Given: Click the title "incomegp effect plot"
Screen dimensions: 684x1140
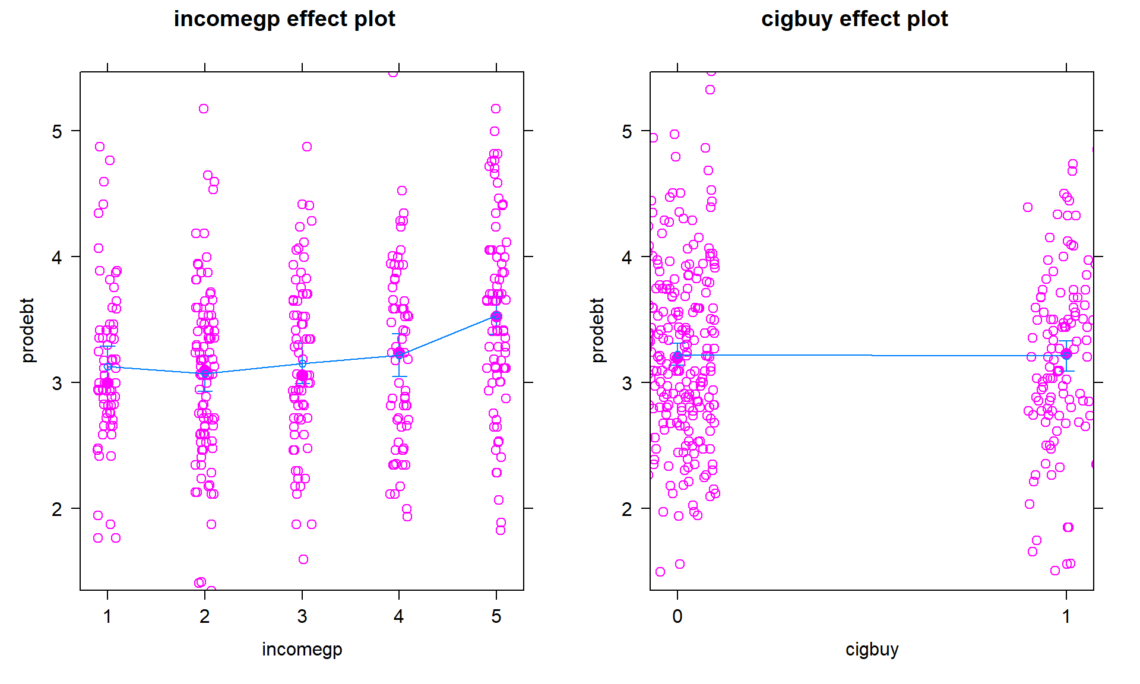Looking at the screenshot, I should click(x=284, y=19).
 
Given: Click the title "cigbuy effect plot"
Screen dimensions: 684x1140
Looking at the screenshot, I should click(x=854, y=19).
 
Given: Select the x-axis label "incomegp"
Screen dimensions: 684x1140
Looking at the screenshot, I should click(x=302, y=649).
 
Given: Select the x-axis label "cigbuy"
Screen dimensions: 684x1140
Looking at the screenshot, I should click(x=872, y=649).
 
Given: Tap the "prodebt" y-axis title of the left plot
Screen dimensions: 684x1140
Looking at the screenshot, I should click(x=27, y=331).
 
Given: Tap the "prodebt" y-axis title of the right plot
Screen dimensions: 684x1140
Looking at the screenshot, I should click(x=597, y=331).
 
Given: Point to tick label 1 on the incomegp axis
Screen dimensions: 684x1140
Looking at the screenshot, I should click(x=107, y=617).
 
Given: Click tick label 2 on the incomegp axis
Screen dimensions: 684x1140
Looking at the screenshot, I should click(x=205, y=617).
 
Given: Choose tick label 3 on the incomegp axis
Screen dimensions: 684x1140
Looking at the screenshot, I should click(x=302, y=617).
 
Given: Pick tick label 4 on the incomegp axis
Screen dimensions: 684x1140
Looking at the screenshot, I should click(x=399, y=617).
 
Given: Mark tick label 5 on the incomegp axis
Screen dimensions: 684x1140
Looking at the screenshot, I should click(x=496, y=617).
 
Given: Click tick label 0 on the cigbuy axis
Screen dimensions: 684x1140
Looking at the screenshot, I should click(x=677, y=617).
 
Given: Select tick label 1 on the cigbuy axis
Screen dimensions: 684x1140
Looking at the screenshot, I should click(x=1066, y=617).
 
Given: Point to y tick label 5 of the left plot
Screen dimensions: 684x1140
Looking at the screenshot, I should click(x=57, y=131).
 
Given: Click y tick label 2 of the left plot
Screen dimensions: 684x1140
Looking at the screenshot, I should click(x=57, y=509).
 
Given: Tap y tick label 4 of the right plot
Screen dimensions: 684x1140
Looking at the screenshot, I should click(x=627, y=257).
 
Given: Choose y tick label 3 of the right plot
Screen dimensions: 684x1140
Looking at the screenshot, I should click(x=627, y=383).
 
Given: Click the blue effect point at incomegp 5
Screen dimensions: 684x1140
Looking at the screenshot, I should click(x=496, y=316).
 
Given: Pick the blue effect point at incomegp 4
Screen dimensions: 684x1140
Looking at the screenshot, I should click(x=399, y=354).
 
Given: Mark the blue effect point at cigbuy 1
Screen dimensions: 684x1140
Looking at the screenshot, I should click(x=1066, y=354).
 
